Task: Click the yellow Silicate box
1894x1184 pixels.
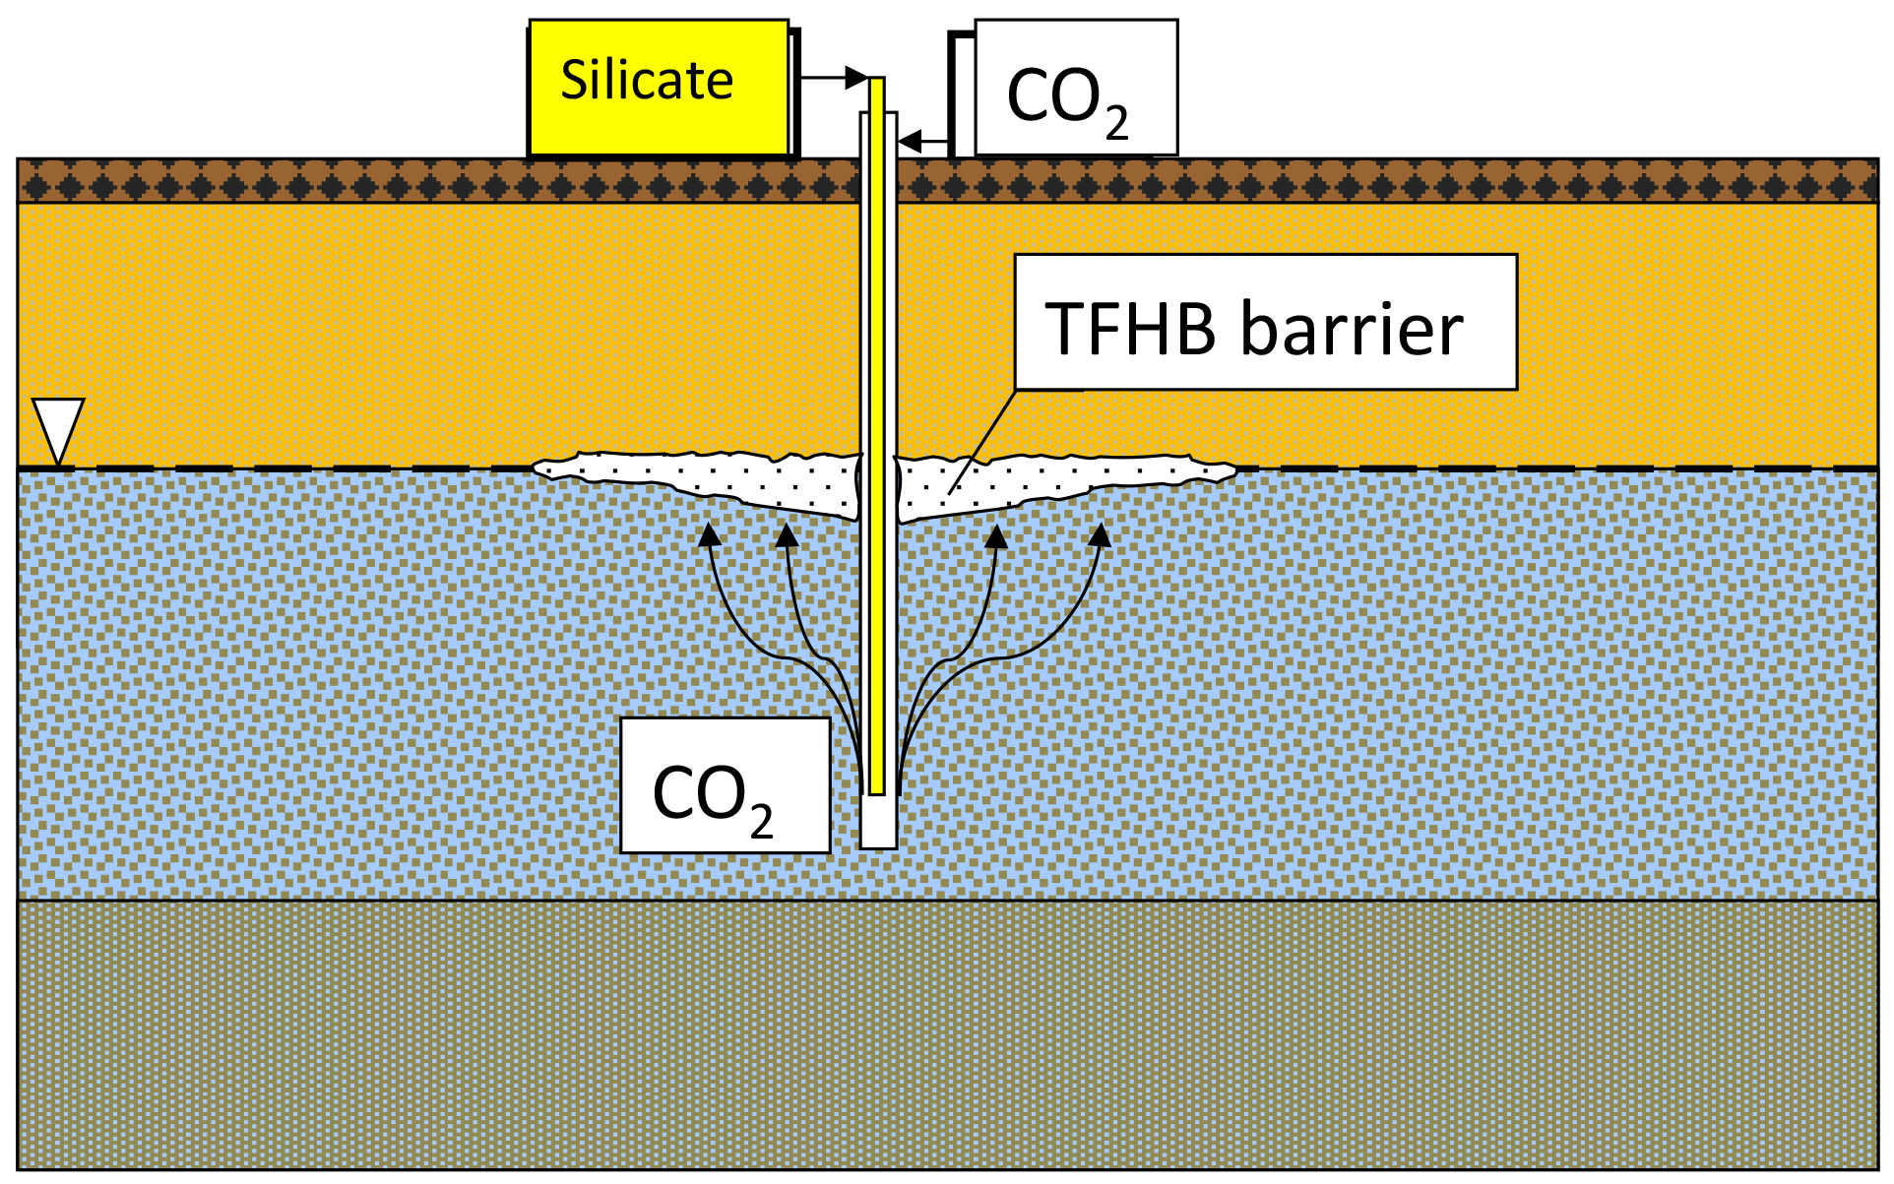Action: tap(659, 87)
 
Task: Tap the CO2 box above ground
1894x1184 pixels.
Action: tap(1075, 88)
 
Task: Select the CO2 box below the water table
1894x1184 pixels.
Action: tap(725, 785)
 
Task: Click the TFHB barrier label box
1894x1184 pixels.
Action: tap(1265, 322)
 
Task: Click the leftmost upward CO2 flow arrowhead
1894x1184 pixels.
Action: tap(708, 534)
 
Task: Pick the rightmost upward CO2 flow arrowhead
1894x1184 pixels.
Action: tap(1100, 535)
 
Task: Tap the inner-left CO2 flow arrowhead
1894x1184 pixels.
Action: tap(787, 535)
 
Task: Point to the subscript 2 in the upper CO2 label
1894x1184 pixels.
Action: tap(1116, 125)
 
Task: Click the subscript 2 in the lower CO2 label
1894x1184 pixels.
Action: tap(761, 822)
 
